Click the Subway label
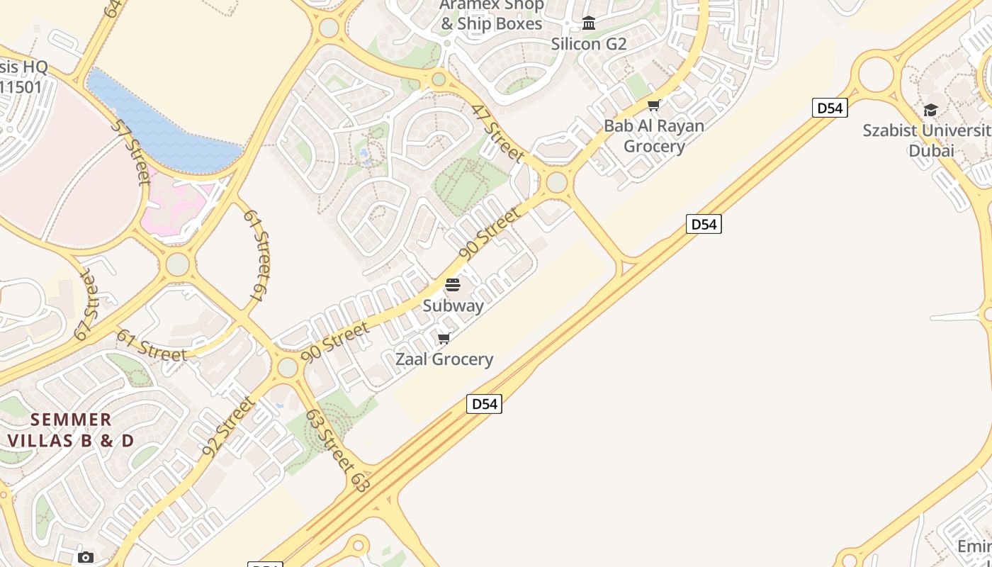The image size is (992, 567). pyautogui.click(x=453, y=306)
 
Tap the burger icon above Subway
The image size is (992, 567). pyautogui.click(x=453, y=285)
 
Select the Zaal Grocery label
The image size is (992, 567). pyautogui.click(x=444, y=359)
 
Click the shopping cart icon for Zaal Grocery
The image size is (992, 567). pyautogui.click(x=444, y=338)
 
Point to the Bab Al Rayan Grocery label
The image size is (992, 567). pyautogui.click(x=654, y=136)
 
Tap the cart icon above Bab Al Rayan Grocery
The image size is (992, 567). pyautogui.click(x=654, y=106)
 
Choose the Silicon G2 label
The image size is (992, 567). pyautogui.click(x=589, y=44)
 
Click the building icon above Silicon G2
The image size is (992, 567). pyautogui.click(x=589, y=23)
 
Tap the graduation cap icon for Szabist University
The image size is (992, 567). pyautogui.click(x=930, y=110)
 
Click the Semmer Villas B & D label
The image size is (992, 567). pyautogui.click(x=71, y=430)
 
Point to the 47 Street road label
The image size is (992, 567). pyautogui.click(x=498, y=133)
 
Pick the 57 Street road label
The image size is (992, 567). pyautogui.click(x=132, y=151)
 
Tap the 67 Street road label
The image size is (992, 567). pyautogui.click(x=86, y=305)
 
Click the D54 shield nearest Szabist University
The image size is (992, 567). pyautogui.click(x=830, y=108)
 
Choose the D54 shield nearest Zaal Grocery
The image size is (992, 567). pyautogui.click(x=484, y=404)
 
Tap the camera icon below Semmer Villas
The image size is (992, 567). pyautogui.click(x=86, y=557)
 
